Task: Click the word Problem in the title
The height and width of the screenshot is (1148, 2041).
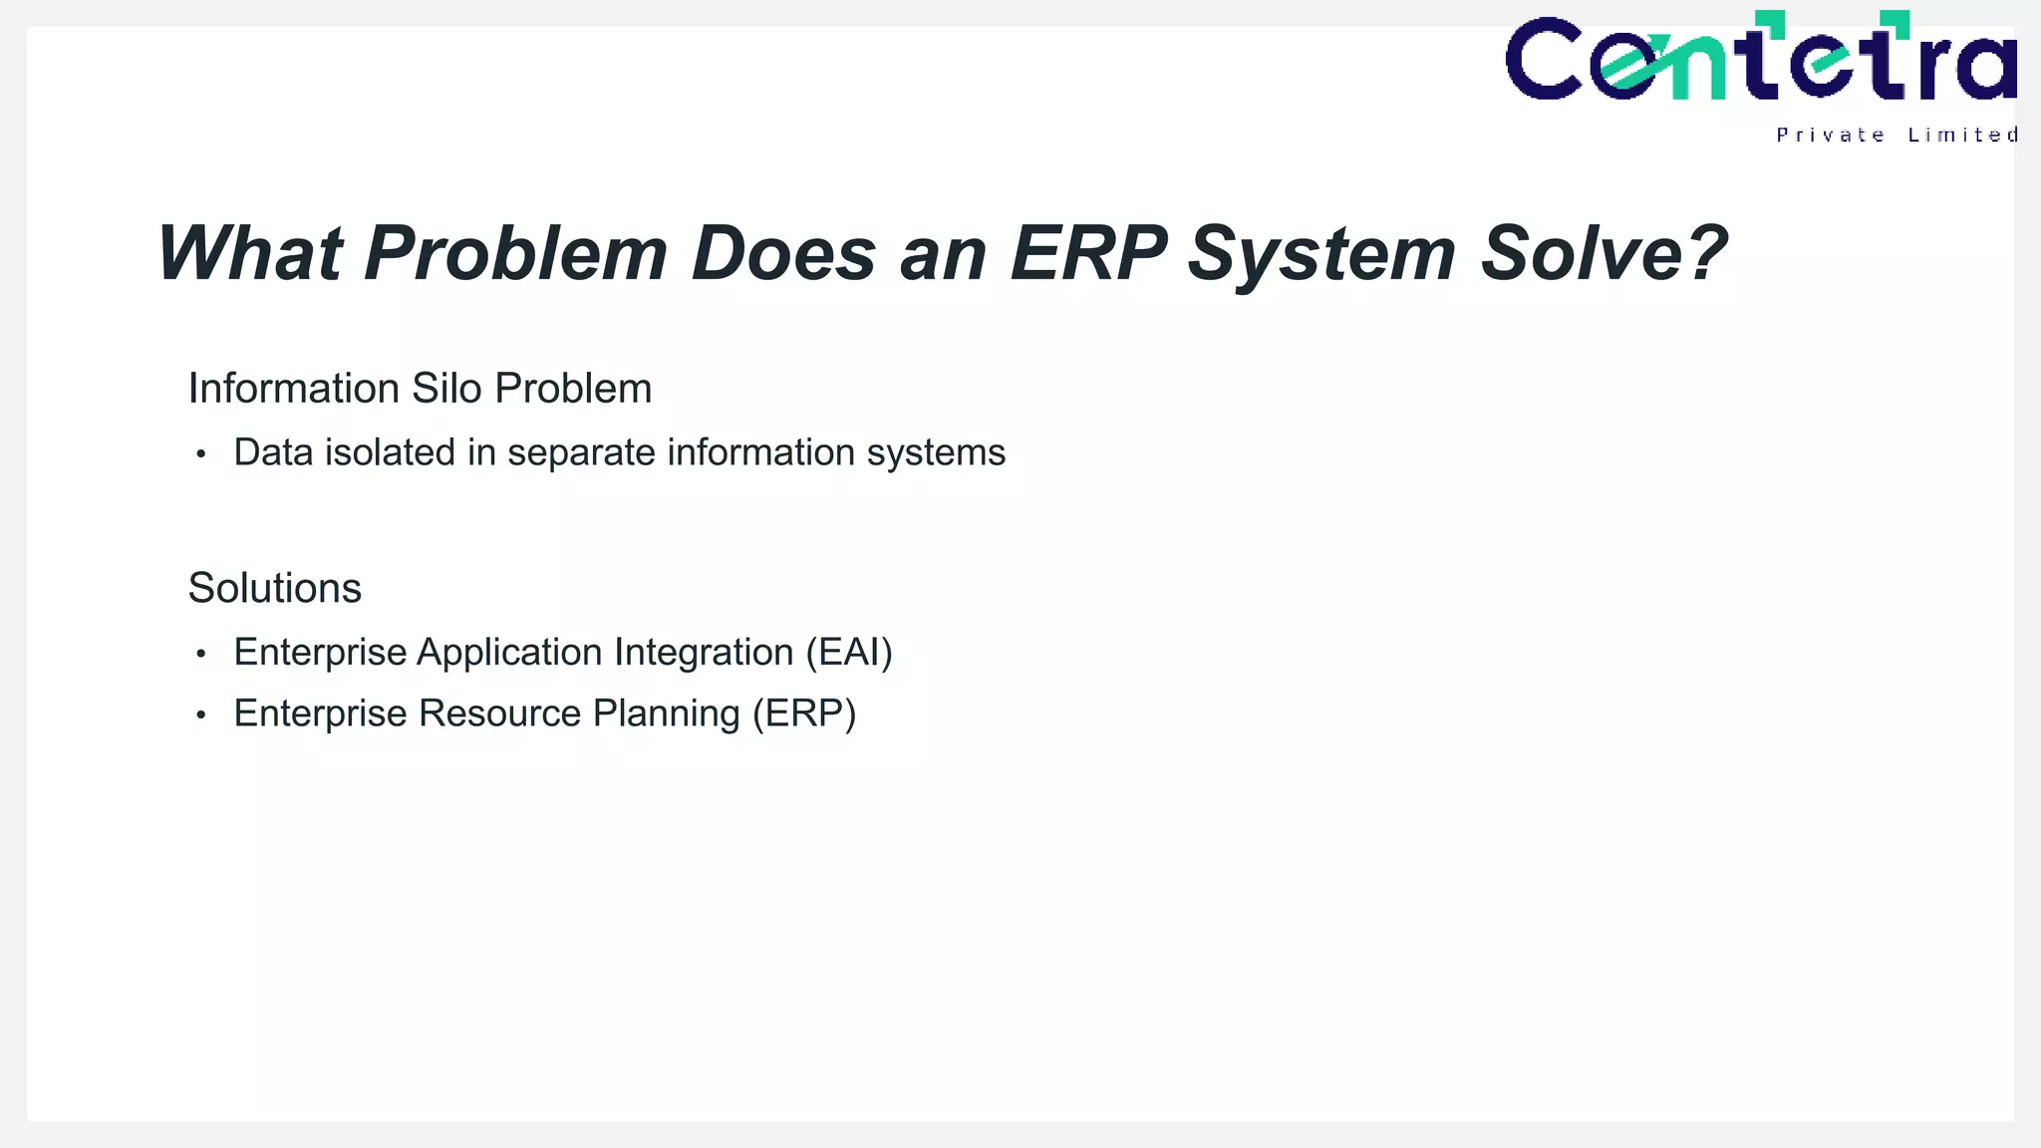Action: coord(515,254)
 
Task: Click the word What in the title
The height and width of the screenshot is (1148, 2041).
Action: coord(250,254)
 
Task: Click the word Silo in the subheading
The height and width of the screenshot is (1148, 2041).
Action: coord(446,389)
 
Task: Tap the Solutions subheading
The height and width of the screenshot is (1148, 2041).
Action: coord(275,588)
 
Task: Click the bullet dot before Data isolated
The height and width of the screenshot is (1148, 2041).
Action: coord(201,454)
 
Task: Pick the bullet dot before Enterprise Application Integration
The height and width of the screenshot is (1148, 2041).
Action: coord(201,654)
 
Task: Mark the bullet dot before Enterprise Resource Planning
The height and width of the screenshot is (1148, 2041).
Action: coord(201,716)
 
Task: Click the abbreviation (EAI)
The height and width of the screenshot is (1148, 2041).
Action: coord(849,653)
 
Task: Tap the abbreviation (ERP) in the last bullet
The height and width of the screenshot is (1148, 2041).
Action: coord(804,715)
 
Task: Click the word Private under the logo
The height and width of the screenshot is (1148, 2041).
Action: coord(1830,136)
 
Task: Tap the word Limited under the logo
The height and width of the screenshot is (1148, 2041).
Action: coord(1962,136)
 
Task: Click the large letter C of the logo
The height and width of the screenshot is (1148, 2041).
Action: coord(1544,60)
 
